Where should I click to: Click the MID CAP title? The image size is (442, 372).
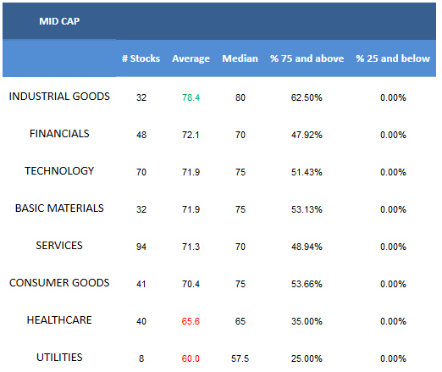[x=59, y=21]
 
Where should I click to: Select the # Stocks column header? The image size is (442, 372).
[x=141, y=58]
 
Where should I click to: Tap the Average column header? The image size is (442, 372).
[x=191, y=58]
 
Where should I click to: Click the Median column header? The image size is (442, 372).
[x=240, y=58]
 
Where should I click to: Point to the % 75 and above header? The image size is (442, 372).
[x=307, y=58]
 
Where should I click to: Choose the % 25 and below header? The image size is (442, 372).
[x=393, y=58]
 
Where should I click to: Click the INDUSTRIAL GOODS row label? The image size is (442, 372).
[x=59, y=97]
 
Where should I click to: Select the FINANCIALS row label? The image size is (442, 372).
[x=59, y=134]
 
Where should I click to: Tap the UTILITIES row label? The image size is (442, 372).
[x=59, y=358]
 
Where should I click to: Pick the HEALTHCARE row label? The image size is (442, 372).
[x=59, y=320]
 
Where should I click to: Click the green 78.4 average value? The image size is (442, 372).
[x=191, y=97]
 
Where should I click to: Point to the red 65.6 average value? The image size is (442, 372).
[x=191, y=321]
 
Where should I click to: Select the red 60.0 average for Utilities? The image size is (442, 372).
[x=191, y=358]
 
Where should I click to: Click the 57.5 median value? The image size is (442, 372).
[x=240, y=358]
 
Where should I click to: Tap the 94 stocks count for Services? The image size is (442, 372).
[x=141, y=247]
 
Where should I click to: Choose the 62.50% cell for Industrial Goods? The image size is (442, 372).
[x=307, y=97]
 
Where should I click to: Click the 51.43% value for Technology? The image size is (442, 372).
[x=307, y=172]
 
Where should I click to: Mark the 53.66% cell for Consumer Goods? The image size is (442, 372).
[x=307, y=284]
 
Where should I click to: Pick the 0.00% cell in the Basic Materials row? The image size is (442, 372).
[x=393, y=209]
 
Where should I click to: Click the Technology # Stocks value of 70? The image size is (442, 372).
[x=141, y=172]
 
